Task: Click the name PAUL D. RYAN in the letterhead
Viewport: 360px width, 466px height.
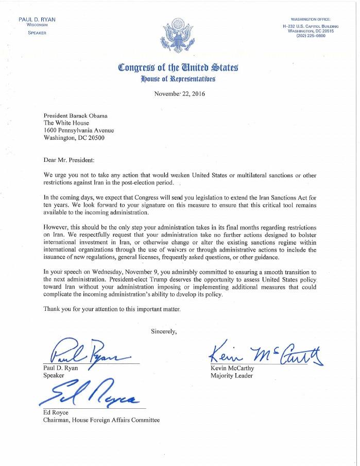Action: [37, 19]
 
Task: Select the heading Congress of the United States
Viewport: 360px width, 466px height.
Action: [178, 67]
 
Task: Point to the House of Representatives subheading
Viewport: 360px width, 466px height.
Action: [178, 79]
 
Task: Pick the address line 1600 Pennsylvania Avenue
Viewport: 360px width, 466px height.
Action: [78, 130]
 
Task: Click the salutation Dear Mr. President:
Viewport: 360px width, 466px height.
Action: [68, 160]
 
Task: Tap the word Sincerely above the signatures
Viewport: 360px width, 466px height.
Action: [164, 330]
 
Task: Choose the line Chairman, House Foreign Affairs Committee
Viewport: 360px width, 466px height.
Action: [101, 420]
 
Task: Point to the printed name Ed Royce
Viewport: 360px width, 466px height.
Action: [53, 412]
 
